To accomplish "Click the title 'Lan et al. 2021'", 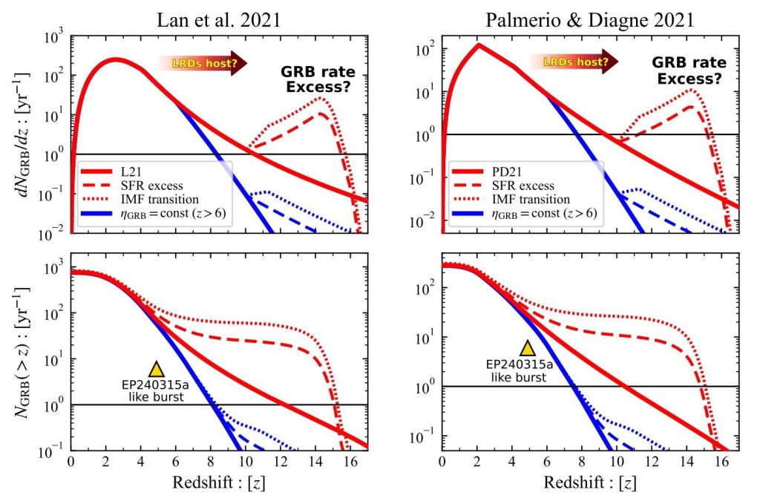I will [x=220, y=17].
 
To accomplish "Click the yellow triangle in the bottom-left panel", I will [x=156, y=369].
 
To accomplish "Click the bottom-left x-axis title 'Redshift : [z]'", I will [x=219, y=483].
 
